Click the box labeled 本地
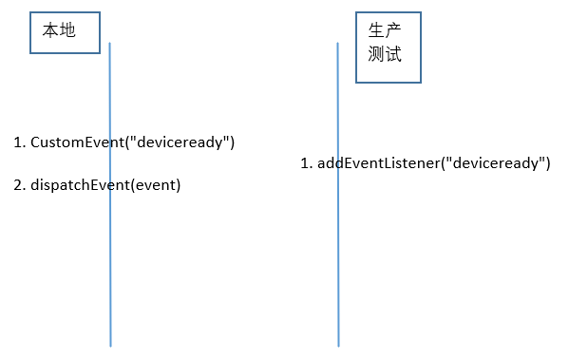pos(65,33)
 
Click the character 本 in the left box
pos(51,31)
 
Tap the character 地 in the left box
pos(67,31)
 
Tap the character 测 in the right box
pos(377,55)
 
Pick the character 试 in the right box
pos(393,55)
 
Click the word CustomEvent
pos(78,142)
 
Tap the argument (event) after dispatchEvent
pos(156,185)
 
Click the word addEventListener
pos(377,163)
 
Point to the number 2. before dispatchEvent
pos(19,185)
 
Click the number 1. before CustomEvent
pos(19,142)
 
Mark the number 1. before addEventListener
pos(306,163)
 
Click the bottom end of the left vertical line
pos(110,345)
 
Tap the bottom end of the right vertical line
pos(338,345)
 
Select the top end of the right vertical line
pos(337,44)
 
